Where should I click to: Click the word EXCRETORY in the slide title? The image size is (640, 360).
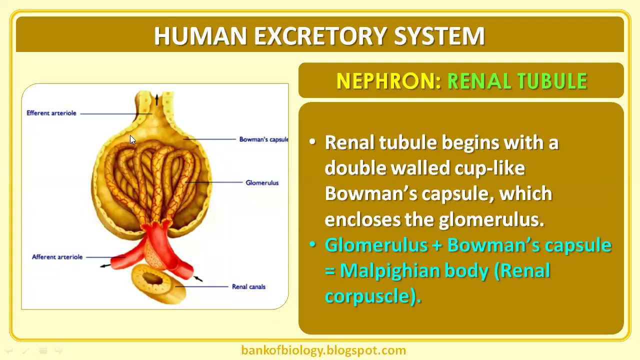pos(320,36)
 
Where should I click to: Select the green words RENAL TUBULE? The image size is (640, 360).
pos(517,81)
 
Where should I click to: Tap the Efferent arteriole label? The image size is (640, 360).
pos(51,113)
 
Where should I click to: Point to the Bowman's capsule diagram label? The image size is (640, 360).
pos(263,139)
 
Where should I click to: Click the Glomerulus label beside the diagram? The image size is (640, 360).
pos(262,182)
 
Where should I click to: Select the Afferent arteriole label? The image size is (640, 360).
pos(57,257)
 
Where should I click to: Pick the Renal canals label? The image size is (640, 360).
pos(248,286)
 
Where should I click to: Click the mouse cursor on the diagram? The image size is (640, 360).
pos(132,140)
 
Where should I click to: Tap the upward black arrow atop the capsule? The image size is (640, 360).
pos(156,99)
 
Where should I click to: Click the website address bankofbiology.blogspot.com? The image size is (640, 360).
pos(323,350)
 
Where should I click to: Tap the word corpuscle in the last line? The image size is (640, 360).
pos(370,296)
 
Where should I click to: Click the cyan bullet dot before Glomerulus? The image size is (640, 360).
pos(313,244)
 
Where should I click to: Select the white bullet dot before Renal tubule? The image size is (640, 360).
pos(313,142)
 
